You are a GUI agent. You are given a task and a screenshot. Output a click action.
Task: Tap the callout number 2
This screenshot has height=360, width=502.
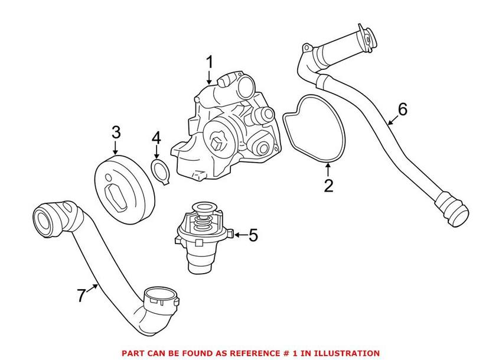[x=328, y=186]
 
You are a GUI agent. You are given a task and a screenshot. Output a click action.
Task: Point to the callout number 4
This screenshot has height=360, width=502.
[x=156, y=138]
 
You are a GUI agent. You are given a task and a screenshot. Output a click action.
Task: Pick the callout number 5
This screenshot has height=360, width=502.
[x=253, y=235]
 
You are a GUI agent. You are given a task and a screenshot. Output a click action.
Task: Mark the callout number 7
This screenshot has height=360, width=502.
[x=81, y=295]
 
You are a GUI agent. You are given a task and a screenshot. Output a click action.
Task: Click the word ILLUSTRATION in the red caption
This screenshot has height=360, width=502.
[x=346, y=353]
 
